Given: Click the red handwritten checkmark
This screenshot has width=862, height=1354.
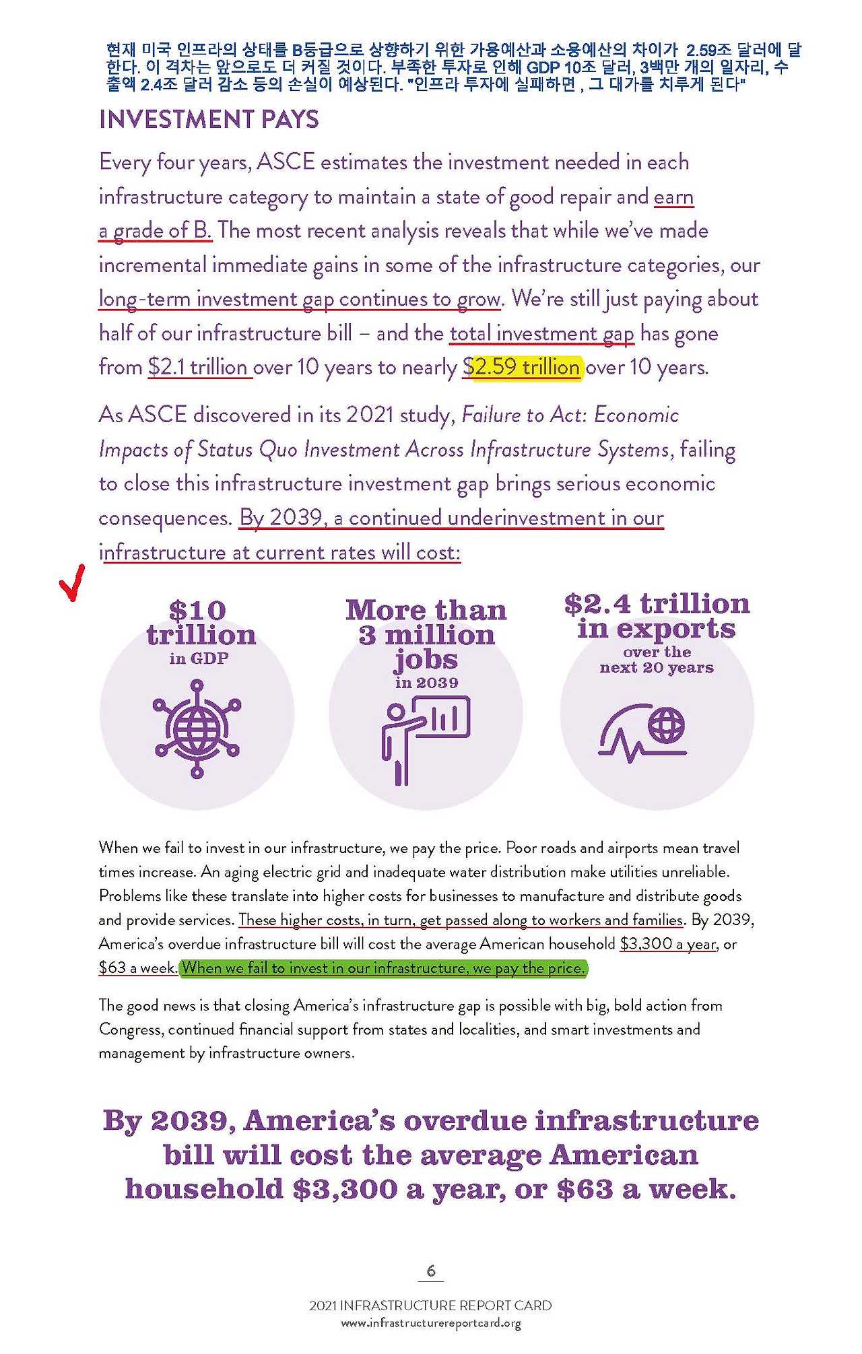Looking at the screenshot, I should pos(72,583).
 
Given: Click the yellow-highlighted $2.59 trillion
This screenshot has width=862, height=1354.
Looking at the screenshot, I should pos(527,367).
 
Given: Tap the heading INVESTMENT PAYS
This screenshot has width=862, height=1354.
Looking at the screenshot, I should pos(209,120).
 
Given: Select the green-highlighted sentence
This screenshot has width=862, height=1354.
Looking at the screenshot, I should pos(384,968).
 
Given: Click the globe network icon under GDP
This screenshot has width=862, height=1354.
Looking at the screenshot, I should pos(197,729).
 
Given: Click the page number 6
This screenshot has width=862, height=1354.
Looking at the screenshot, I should pos(431,1271).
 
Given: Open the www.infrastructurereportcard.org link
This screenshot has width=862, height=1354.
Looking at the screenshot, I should pos(431,1324).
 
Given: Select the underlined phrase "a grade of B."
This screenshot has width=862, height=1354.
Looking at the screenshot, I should pos(156,230).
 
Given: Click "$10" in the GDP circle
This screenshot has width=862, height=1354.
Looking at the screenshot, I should pos(197,611).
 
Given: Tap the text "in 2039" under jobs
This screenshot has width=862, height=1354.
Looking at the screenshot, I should pos(426,683).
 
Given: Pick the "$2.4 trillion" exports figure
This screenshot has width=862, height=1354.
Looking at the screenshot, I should pos(657,604).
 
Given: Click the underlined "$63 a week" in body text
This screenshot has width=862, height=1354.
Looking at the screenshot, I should pos(137,968).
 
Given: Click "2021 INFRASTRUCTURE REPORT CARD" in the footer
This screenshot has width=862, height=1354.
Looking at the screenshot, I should pos(430,1306).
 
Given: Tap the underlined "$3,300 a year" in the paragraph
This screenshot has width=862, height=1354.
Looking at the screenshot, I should pos(667,944).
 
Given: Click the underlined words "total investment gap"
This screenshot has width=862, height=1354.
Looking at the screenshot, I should pos(541,333).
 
